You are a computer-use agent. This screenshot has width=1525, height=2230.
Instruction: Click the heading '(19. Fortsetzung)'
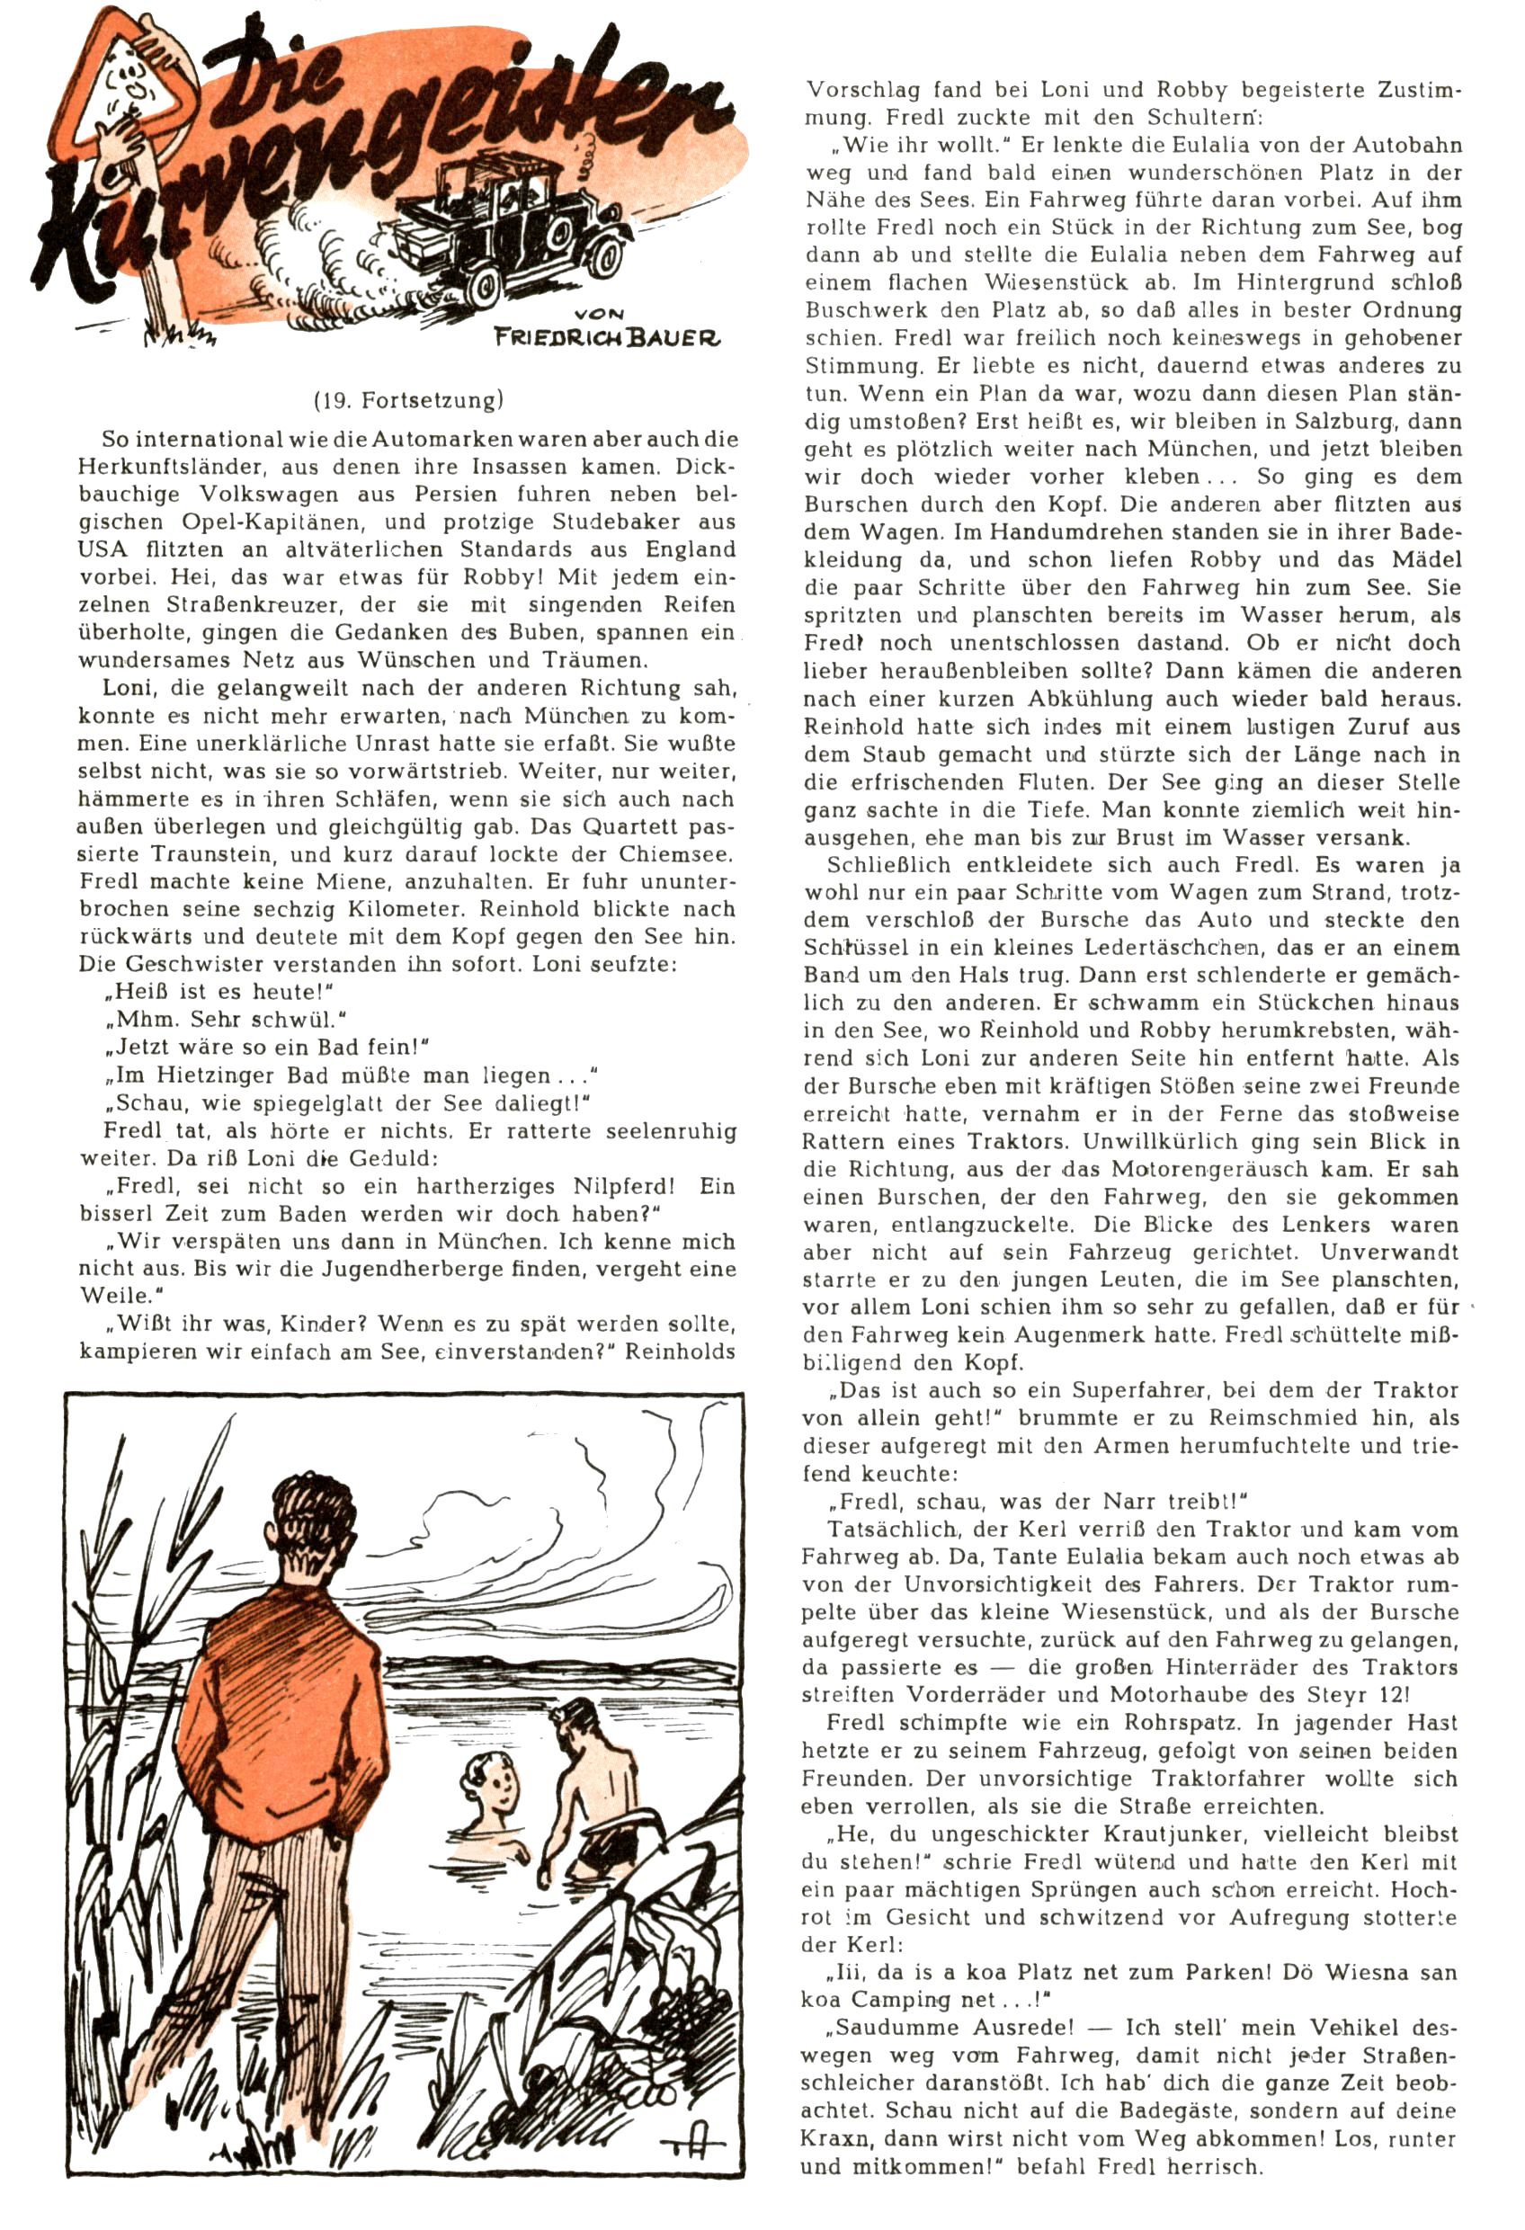tap(408, 399)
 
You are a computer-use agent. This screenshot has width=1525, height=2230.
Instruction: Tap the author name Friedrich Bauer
tap(607, 337)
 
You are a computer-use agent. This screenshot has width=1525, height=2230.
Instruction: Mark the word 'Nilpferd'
tap(620, 1186)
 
